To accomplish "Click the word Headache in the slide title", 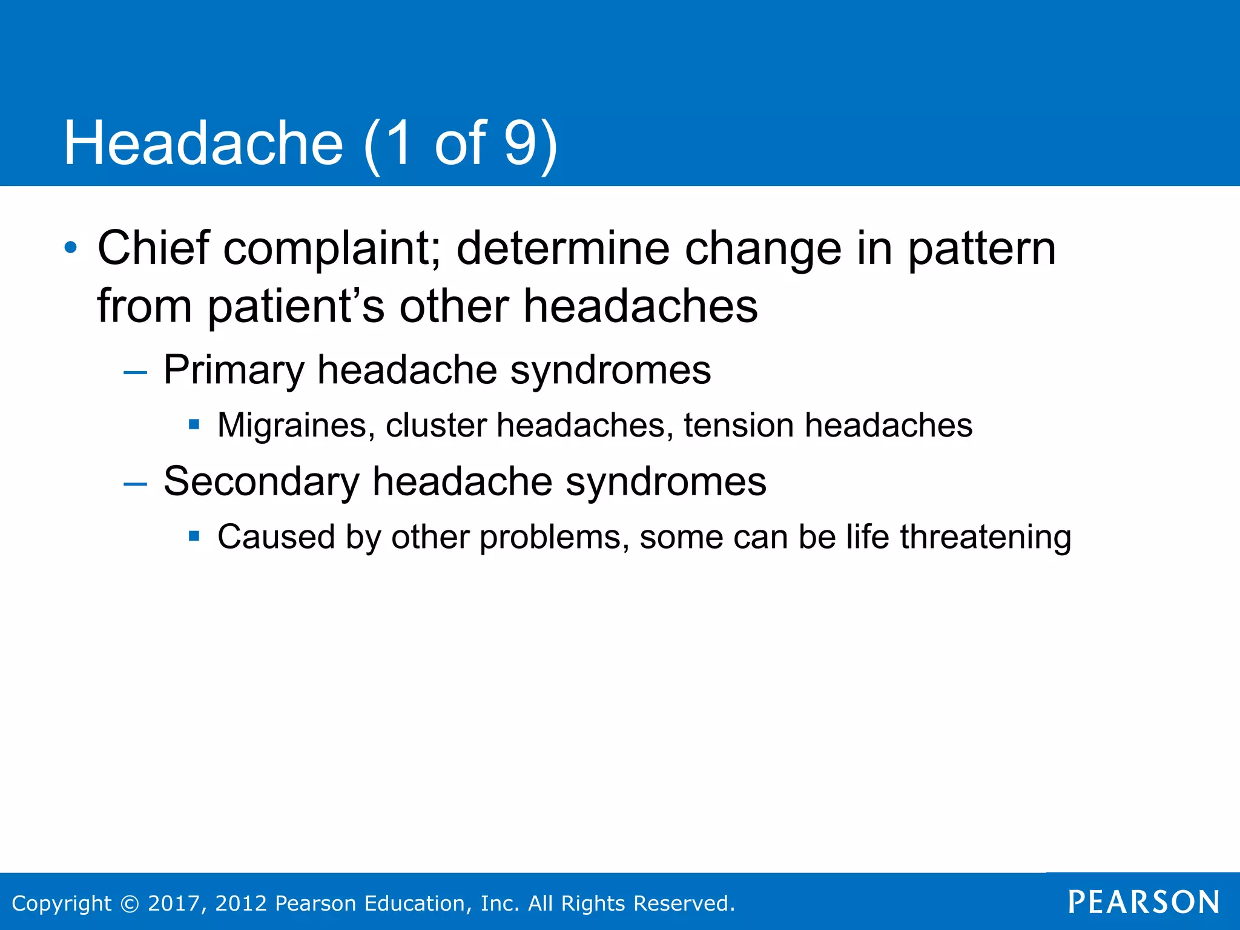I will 203,143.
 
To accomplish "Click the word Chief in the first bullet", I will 154,248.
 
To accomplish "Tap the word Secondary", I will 262,482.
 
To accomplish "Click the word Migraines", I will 292,426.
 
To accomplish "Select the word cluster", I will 436,425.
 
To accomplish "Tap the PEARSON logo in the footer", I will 1143,902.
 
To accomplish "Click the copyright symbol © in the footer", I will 130,903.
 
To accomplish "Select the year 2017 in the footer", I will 174,903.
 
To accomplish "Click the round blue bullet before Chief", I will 71,248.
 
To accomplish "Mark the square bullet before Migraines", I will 194,424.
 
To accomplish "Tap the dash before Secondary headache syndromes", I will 135,483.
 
